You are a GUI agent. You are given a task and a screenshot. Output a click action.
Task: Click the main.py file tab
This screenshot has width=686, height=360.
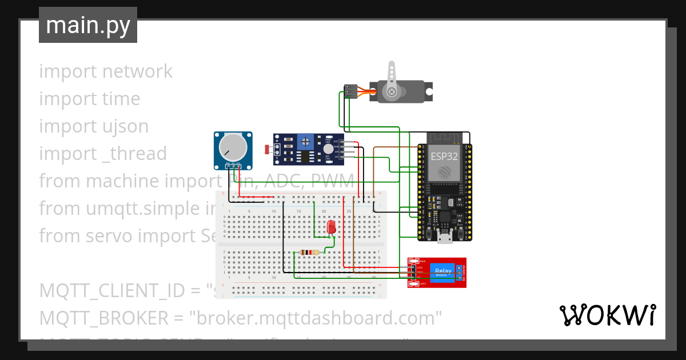click(87, 25)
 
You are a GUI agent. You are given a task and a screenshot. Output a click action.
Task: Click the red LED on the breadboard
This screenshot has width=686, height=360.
click(331, 227)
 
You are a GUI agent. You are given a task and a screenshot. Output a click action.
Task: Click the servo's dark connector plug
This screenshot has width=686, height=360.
click(350, 91)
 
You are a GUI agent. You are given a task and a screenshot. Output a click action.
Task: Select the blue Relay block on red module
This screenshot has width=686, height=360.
click(442, 273)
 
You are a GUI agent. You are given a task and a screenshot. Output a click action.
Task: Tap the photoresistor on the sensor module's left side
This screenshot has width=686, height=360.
click(268, 150)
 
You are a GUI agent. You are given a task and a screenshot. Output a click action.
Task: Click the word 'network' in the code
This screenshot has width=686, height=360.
click(137, 71)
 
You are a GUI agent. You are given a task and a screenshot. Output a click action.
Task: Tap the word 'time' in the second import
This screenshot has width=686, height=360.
click(121, 99)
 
